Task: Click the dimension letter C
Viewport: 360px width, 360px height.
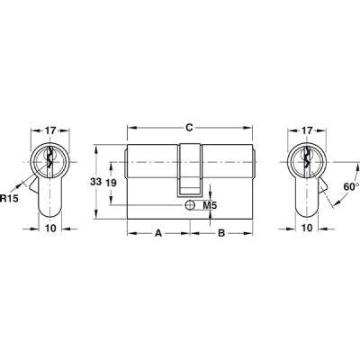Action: [189, 128]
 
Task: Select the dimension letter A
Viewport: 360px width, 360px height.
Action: [158, 233]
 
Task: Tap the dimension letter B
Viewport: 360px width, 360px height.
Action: [221, 233]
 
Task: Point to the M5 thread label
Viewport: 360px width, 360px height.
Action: [210, 205]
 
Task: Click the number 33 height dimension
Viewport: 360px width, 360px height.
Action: [96, 182]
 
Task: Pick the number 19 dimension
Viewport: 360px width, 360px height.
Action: [112, 183]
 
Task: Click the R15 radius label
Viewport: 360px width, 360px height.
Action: [9, 198]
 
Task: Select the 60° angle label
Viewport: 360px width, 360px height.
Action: [351, 186]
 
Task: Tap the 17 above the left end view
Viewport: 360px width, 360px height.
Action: [50, 130]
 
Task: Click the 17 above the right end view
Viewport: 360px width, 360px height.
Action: [307, 130]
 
